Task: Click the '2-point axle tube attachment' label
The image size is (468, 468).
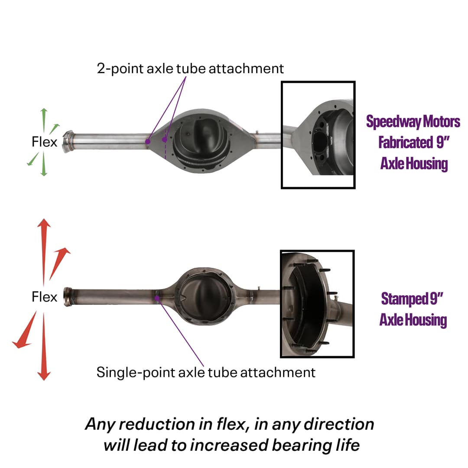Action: pos(190,68)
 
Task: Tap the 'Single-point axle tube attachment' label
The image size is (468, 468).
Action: pos(206,372)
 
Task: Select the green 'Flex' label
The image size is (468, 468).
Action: pos(44,142)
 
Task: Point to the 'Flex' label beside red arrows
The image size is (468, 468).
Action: pos(44,297)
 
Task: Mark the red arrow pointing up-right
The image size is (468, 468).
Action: pos(59,262)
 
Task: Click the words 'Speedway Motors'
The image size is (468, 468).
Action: pos(413,122)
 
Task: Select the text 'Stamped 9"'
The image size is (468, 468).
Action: pos(413,299)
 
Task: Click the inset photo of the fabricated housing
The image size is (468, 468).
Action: pos(318,135)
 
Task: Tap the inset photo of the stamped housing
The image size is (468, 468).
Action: pos(317,304)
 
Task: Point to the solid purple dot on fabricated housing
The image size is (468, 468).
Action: pos(148,141)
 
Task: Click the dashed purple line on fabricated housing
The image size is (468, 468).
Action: pos(165,147)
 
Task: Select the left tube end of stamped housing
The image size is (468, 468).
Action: pos(68,297)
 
